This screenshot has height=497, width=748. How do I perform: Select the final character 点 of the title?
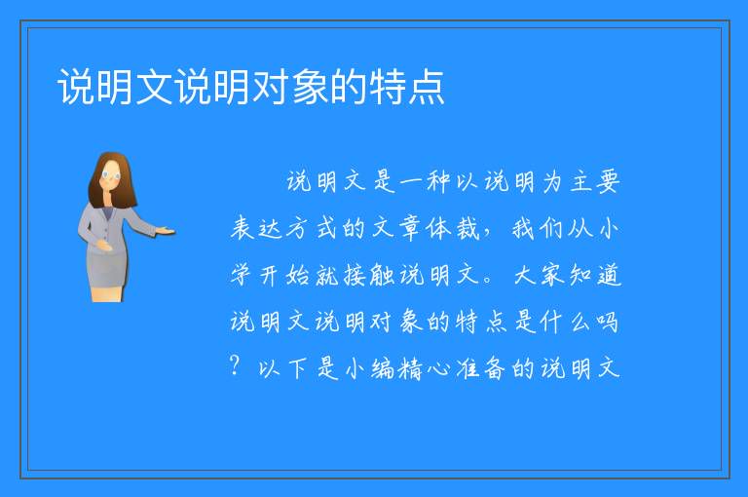pyautogui.click(x=426, y=86)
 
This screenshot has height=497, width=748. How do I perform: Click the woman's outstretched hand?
pyautogui.click(x=166, y=232)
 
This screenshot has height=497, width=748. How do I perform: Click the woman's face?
pyautogui.click(x=111, y=176)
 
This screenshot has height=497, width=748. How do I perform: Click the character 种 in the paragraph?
pyautogui.click(x=438, y=181)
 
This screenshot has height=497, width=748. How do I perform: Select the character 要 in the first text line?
pyautogui.click(x=608, y=182)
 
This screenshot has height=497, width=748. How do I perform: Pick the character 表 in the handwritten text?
pyautogui.click(x=243, y=228)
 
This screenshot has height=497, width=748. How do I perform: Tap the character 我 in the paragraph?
pyautogui.click(x=523, y=228)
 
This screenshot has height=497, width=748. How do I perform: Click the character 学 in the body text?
pyautogui.click(x=241, y=275)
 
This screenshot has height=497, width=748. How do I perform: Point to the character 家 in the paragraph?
pyautogui.click(x=552, y=276)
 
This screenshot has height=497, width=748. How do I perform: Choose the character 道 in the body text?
pyautogui.click(x=609, y=276)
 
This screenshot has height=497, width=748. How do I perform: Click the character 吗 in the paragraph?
pyautogui.click(x=608, y=323)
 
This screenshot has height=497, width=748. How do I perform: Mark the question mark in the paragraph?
pyautogui.click(x=235, y=365)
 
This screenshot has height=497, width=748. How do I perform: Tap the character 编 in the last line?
pyautogui.click(x=383, y=368)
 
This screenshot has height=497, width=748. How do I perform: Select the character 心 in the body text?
pyautogui.click(x=437, y=369)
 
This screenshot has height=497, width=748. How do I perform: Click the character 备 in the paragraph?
pyautogui.click(x=494, y=368)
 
